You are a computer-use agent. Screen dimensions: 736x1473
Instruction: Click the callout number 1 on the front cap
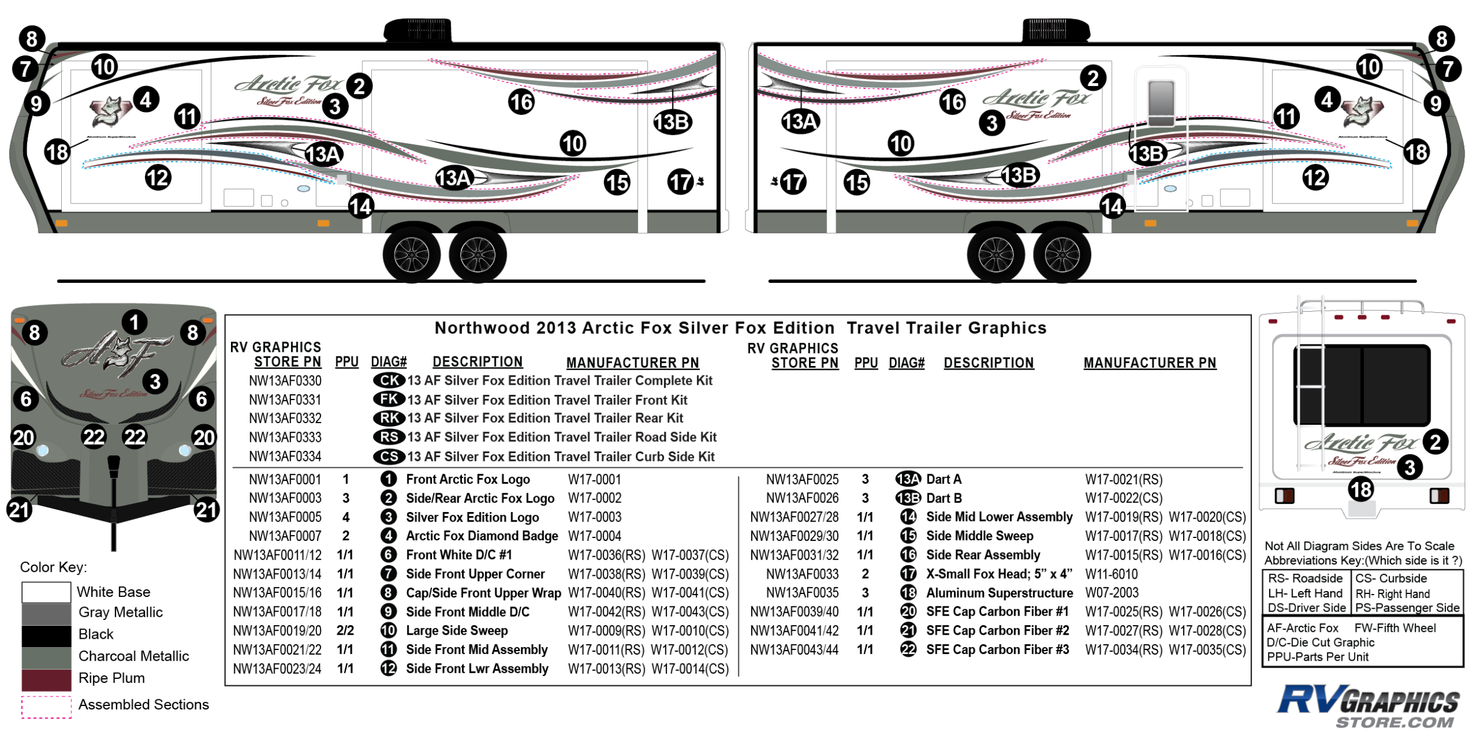pos(134,322)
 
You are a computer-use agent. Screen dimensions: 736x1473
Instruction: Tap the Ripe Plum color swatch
pos(46,679)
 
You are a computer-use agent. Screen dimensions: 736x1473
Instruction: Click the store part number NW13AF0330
pos(285,381)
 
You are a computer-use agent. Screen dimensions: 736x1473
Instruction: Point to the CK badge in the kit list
pos(389,381)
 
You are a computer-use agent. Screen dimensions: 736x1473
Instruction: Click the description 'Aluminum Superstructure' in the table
pos(999,593)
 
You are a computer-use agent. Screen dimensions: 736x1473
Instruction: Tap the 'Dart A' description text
pos(943,480)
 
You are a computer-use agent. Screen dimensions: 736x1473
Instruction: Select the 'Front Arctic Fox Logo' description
pos(468,480)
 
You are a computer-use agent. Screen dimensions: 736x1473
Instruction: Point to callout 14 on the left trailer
pos(361,207)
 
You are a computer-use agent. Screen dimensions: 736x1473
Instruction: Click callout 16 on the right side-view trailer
pos(952,102)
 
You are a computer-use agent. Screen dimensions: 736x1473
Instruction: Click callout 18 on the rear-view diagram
pos(1361,489)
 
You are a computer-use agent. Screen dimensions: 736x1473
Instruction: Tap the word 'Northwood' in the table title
pos(481,328)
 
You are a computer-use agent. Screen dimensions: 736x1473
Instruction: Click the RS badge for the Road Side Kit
pos(389,437)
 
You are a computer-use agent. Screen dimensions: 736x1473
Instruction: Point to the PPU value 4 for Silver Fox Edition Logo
pos(346,517)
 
